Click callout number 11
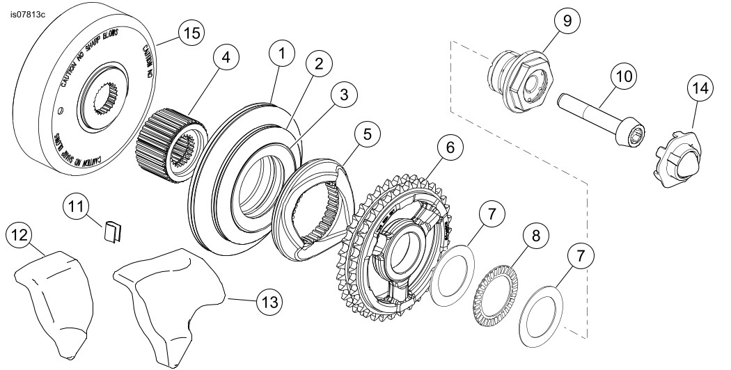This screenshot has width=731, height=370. pos(76,207)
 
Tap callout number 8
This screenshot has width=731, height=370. pos(535,236)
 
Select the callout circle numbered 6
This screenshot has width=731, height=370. pos(450,147)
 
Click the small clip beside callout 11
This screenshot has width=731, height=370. pos(113,230)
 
